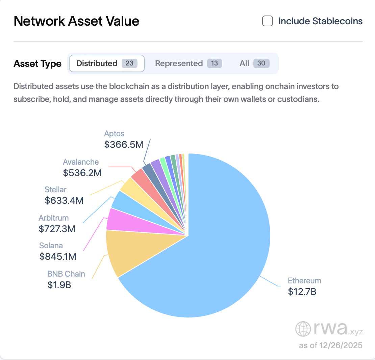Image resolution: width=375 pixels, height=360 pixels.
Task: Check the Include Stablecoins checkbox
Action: (x=268, y=21)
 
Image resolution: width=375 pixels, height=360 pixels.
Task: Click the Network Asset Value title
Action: (x=76, y=21)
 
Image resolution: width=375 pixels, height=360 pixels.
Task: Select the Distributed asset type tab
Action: (x=107, y=63)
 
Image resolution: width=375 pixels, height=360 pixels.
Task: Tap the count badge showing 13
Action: (x=215, y=63)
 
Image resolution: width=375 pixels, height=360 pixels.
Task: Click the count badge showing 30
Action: (x=261, y=63)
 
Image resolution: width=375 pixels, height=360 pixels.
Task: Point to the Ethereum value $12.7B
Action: (x=302, y=292)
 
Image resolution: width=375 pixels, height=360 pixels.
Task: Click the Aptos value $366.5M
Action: (x=124, y=144)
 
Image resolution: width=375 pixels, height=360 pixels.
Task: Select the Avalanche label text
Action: (x=81, y=162)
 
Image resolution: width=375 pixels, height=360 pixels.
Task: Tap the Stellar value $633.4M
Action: (x=64, y=201)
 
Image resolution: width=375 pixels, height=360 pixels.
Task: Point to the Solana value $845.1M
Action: (x=58, y=256)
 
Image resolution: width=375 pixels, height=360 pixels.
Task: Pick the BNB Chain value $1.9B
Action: (x=59, y=285)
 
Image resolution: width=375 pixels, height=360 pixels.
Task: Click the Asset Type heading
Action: (x=37, y=63)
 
